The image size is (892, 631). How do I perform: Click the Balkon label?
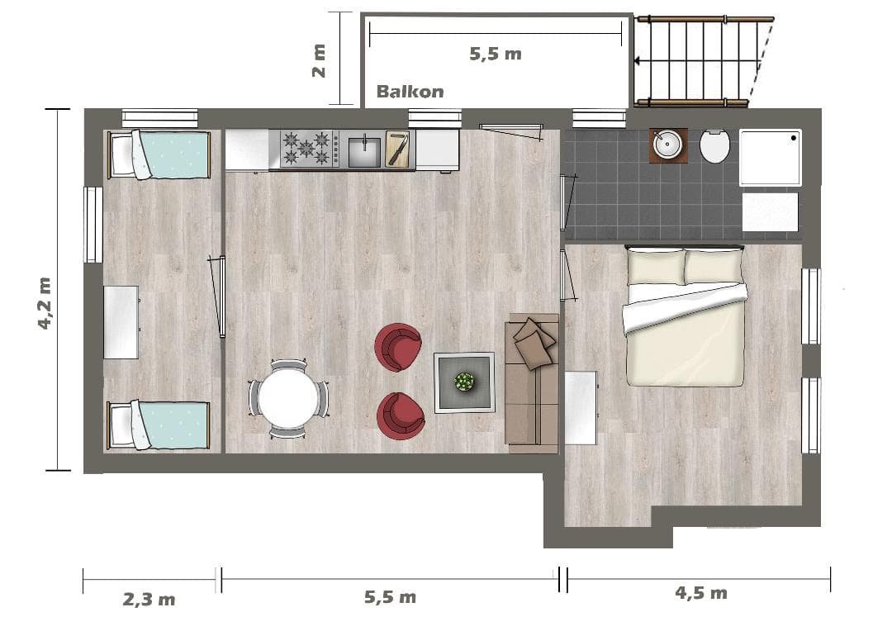pyautogui.click(x=410, y=91)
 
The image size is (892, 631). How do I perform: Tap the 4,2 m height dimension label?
pyautogui.click(x=45, y=303)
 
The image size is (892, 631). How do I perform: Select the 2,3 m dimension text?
pyautogui.click(x=149, y=599)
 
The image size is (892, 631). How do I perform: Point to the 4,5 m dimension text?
pyautogui.click(x=701, y=593)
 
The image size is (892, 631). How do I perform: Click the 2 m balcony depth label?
pyautogui.click(x=319, y=60)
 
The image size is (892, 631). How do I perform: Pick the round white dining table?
pyautogui.click(x=288, y=398)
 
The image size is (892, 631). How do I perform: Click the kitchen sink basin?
pyautogui.click(x=364, y=151)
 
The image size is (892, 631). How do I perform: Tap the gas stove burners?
pyautogui.click(x=306, y=148)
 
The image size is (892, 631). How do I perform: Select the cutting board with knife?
pyautogui.click(x=397, y=149)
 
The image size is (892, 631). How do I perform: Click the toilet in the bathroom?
pyautogui.click(x=715, y=145)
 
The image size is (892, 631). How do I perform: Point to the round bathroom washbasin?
pyautogui.click(x=667, y=145)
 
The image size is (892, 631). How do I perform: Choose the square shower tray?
pyautogui.click(x=771, y=158)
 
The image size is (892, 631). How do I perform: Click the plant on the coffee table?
pyautogui.click(x=465, y=382)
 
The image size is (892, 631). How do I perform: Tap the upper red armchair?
pyautogui.click(x=398, y=347)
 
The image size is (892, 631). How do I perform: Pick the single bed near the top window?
pyautogui.click(x=159, y=154)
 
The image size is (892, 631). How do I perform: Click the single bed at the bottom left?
pyautogui.click(x=159, y=425)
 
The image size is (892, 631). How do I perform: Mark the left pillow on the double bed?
pyautogui.click(x=657, y=267)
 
